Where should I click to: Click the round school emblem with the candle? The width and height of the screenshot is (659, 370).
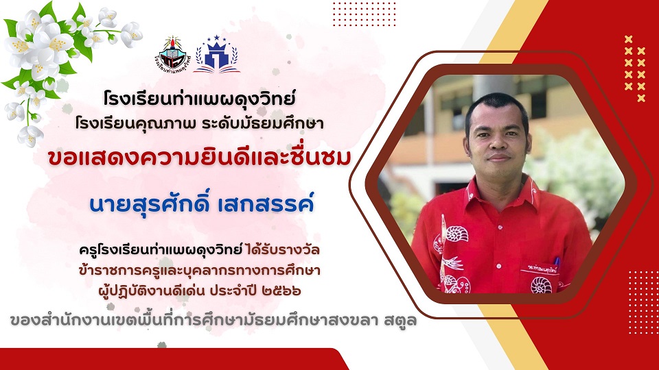coord(173,54)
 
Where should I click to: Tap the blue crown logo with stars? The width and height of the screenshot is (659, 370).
coord(217,54)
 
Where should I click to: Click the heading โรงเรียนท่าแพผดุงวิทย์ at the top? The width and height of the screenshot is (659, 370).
coord(199,99)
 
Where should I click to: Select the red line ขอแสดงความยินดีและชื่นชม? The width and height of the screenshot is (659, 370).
coord(199,158)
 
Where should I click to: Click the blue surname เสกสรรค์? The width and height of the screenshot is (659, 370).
coord(266,203)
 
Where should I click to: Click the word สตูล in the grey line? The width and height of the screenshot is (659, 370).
coord(400,321)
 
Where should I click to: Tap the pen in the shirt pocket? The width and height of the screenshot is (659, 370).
coord(557,263)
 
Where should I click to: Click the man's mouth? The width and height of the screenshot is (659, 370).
coord(499,158)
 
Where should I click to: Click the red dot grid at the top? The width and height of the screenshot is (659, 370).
coord(364,14)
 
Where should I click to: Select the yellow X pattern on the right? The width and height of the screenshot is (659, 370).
coord(634,69)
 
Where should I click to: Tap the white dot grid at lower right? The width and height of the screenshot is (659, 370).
coord(643,302)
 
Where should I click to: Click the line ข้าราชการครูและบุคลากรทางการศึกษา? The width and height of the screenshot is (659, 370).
coord(199,271)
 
